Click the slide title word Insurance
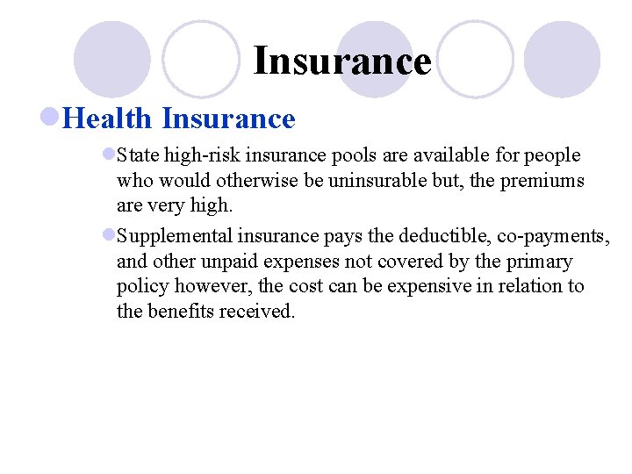tap(342, 61)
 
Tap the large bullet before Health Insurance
tap(51, 118)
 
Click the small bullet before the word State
tap(109, 155)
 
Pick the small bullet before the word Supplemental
tap(109, 235)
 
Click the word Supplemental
tap(172, 236)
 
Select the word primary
tap(539, 262)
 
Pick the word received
tap(256, 312)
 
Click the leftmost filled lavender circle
tap(111, 59)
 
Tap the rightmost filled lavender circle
tap(562, 59)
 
